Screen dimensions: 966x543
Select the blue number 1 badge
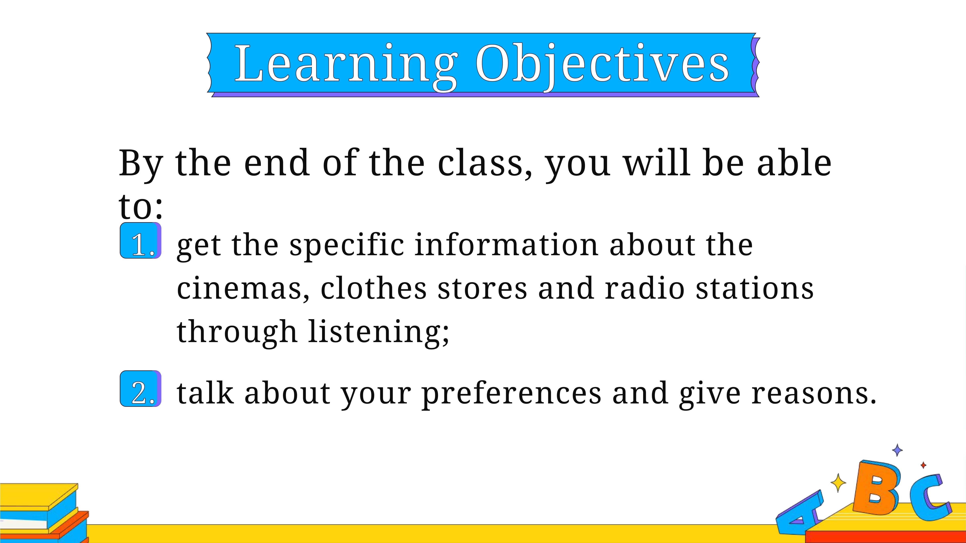(x=141, y=241)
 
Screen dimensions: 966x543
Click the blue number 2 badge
(x=141, y=389)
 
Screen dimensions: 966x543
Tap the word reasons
(x=814, y=394)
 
